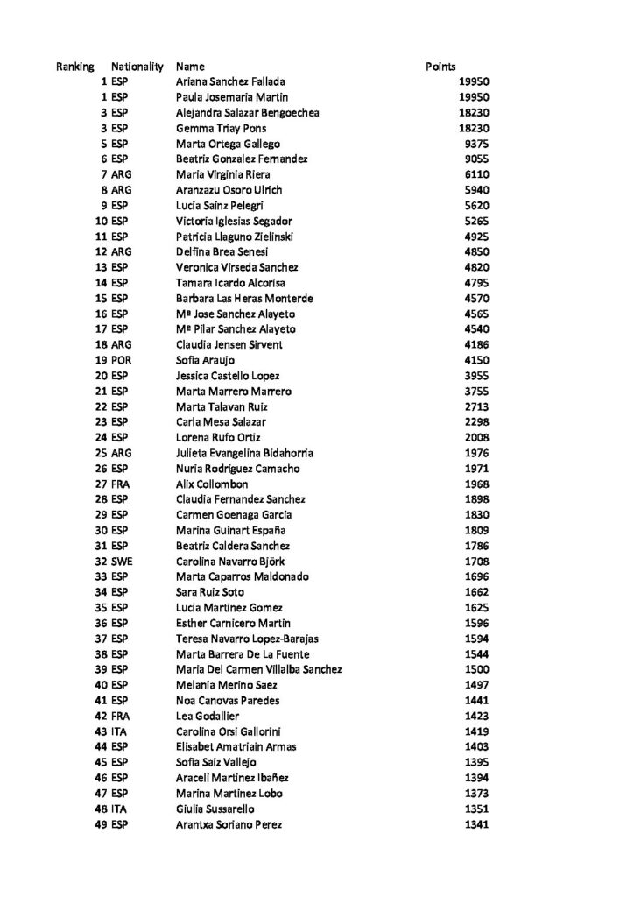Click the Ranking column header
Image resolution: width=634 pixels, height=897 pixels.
tap(75, 66)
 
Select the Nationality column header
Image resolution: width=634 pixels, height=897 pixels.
tap(137, 66)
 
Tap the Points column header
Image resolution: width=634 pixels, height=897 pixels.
tap(440, 66)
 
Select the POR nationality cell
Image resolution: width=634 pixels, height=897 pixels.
tap(121, 360)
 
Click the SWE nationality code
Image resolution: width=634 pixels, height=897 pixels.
tap(121, 561)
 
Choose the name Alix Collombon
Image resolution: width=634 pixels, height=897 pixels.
tap(212, 484)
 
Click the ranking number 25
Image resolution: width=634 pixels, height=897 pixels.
tap(102, 453)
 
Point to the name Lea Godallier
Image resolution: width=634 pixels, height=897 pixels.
tap(209, 716)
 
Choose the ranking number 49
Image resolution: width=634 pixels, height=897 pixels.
tap(102, 824)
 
